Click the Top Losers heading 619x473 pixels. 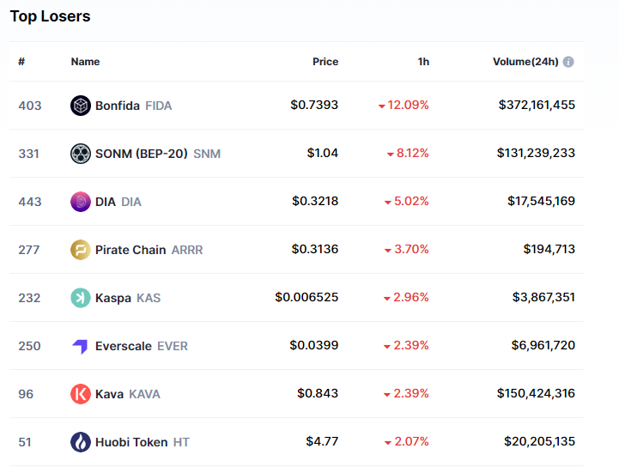click(x=50, y=16)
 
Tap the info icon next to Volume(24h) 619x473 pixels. click(x=568, y=62)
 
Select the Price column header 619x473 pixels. click(x=325, y=62)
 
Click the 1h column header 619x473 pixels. click(x=423, y=62)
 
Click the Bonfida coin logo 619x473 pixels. click(x=81, y=106)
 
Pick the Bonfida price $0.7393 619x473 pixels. click(x=314, y=105)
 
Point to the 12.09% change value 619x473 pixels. click(x=409, y=105)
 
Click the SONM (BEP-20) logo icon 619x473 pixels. click(x=81, y=154)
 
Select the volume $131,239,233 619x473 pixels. click(x=536, y=153)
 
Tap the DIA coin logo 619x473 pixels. click(x=81, y=202)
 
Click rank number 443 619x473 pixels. click(x=30, y=202)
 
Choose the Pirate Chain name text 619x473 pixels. click(x=130, y=250)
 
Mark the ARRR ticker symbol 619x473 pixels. click(x=187, y=250)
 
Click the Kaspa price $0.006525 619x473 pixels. click(x=306, y=297)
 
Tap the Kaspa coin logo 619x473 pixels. click(x=81, y=298)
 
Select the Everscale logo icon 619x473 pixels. click(x=81, y=346)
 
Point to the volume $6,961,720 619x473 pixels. click(x=541, y=345)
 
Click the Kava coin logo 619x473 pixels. click(x=81, y=394)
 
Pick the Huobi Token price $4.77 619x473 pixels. click(x=322, y=441)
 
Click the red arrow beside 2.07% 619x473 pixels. click(x=388, y=442)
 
